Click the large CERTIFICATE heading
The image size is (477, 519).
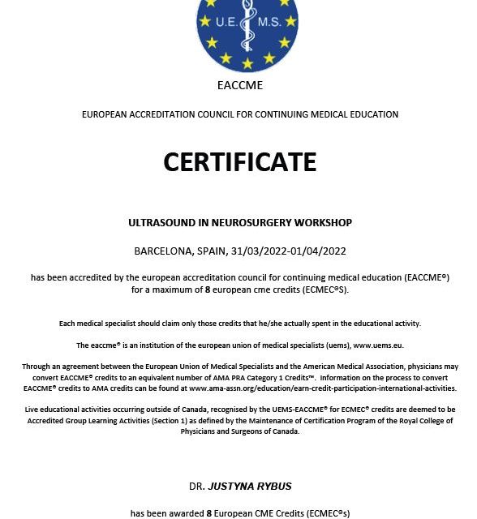click(239, 162)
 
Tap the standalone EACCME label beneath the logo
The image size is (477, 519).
click(239, 85)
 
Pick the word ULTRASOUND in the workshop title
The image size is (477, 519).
click(160, 222)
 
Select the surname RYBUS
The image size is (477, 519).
click(274, 487)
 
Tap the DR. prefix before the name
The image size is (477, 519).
click(196, 487)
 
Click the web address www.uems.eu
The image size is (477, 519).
click(378, 345)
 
